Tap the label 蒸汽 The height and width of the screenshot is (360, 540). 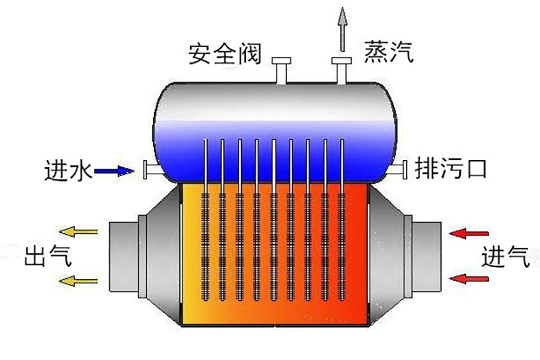pos(388,51)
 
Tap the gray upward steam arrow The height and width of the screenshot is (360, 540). pos(343,29)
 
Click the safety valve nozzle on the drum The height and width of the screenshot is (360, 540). pos(281,70)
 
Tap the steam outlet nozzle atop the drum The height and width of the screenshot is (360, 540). pos(340,70)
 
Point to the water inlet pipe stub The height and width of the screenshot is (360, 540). pos(150,170)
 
